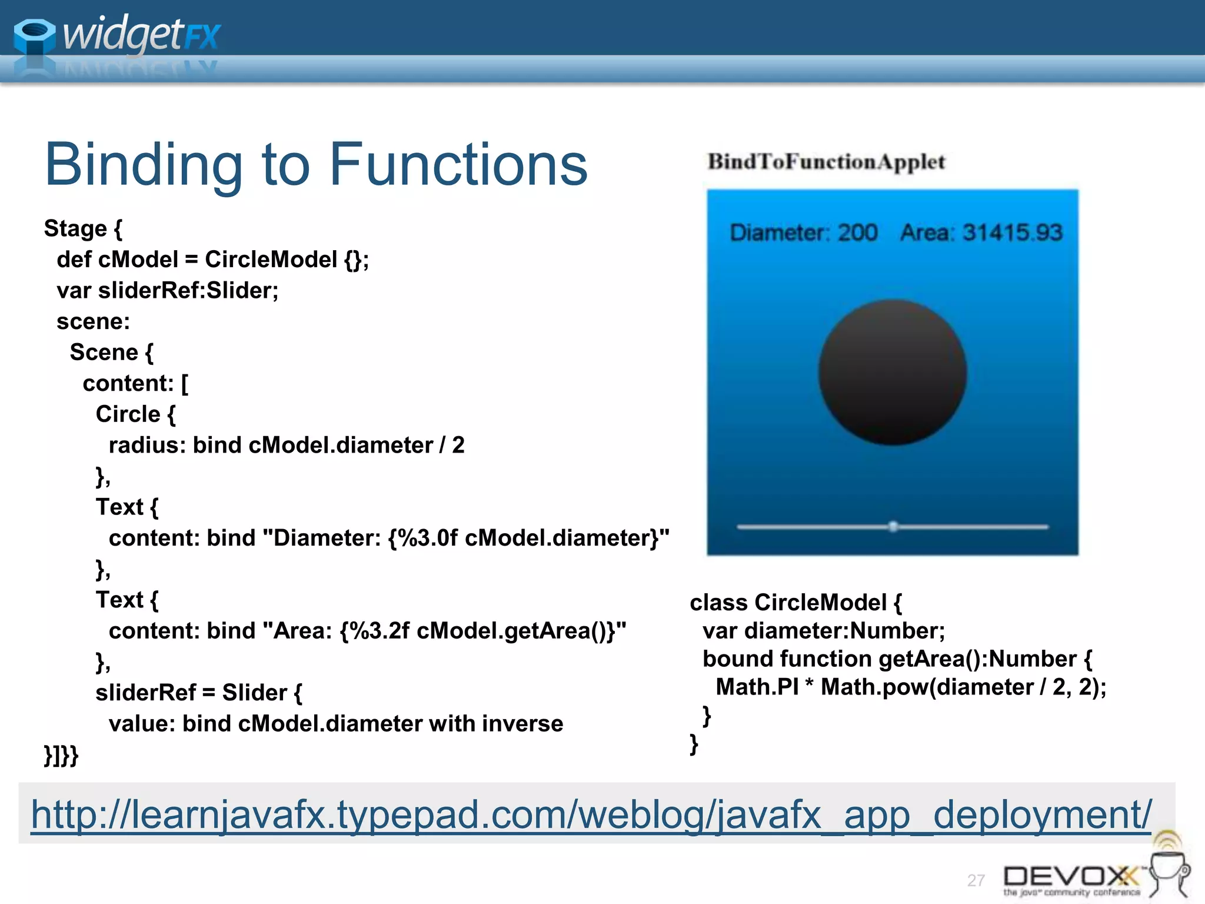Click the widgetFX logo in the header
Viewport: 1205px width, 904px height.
pyautogui.click(x=118, y=35)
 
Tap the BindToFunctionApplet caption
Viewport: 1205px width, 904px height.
pyautogui.click(x=826, y=162)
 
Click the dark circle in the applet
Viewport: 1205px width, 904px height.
pyautogui.click(x=893, y=372)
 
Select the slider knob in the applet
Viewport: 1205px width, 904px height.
pyautogui.click(x=893, y=526)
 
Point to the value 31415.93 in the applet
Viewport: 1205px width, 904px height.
pyautogui.click(x=1012, y=233)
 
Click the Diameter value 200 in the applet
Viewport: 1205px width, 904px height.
pyautogui.click(x=857, y=233)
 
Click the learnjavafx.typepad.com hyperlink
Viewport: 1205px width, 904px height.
pyautogui.click(x=591, y=815)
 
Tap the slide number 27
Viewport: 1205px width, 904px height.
pyautogui.click(x=976, y=880)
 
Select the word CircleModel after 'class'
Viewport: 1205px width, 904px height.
pyautogui.click(x=820, y=603)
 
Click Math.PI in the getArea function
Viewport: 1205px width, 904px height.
pyautogui.click(x=757, y=687)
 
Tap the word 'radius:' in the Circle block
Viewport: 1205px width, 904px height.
pyautogui.click(x=147, y=446)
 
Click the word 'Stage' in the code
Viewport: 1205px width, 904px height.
pyautogui.click(x=75, y=229)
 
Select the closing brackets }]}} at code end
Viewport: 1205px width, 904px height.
pyautogui.click(x=61, y=755)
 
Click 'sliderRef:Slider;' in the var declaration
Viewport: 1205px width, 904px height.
pyautogui.click(x=188, y=291)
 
